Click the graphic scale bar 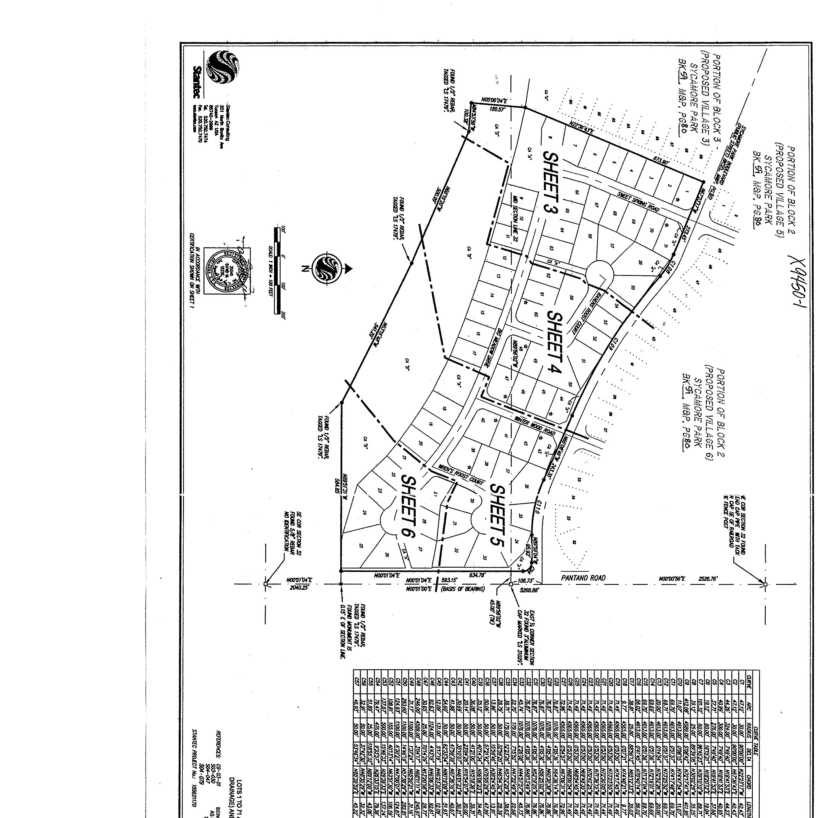click(277, 271)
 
